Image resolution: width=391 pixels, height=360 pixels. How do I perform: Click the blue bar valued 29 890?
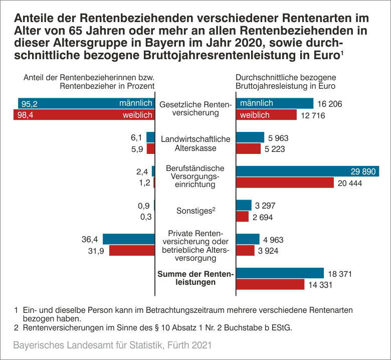tap(307, 171)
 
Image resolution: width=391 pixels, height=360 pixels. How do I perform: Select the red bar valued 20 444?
tap(285, 183)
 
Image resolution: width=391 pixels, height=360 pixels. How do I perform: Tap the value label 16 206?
tap(329, 104)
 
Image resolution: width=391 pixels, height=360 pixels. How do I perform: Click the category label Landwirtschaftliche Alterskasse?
tap(195, 143)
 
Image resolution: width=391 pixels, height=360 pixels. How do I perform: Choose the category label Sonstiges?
tap(195, 211)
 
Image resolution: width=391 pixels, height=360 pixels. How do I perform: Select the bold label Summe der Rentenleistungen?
tap(195, 278)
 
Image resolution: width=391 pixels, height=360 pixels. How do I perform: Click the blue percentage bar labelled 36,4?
tap(128, 239)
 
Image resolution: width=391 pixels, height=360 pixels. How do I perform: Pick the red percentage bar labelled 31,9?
tap(131, 250)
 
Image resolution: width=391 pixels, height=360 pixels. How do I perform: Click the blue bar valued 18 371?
tap(280, 273)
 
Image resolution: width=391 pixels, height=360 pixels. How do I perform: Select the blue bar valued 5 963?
tap(250, 137)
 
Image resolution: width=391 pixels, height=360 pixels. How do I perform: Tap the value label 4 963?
tap(276, 240)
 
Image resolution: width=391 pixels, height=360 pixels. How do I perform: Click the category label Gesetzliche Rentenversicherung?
tap(195, 109)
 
